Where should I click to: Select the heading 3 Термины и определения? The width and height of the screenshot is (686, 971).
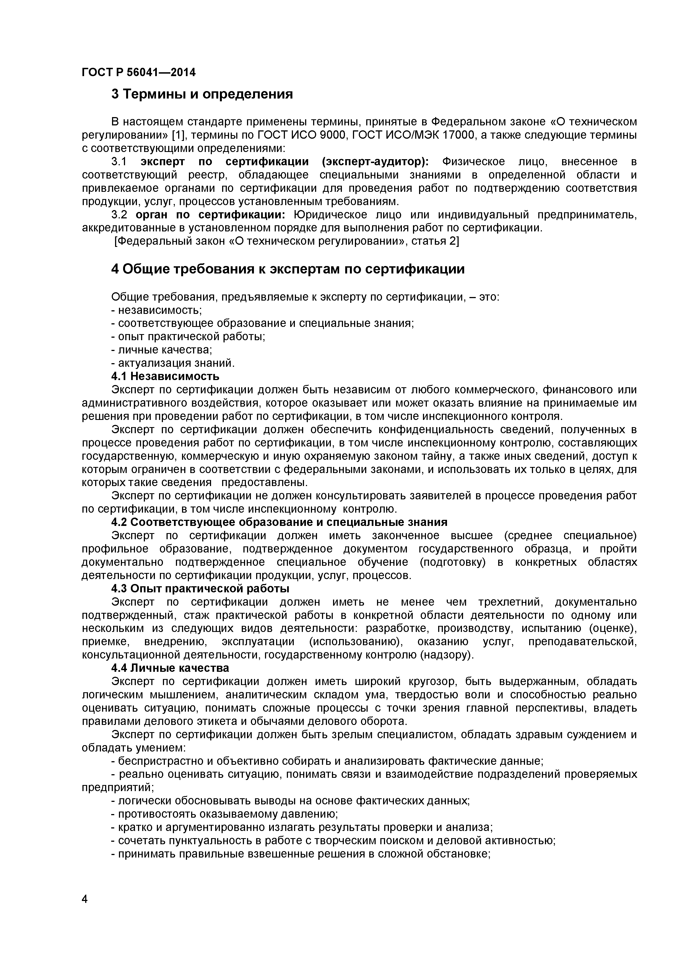pyautogui.click(x=202, y=94)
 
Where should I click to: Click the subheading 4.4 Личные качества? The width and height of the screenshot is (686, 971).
pyautogui.click(x=170, y=668)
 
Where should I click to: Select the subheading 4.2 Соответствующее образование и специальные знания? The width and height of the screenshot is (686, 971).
pyautogui.click(x=279, y=522)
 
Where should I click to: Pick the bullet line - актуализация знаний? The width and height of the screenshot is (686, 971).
pyautogui.click(x=173, y=363)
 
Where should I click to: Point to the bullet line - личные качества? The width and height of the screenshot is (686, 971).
pyautogui.click(x=162, y=350)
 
